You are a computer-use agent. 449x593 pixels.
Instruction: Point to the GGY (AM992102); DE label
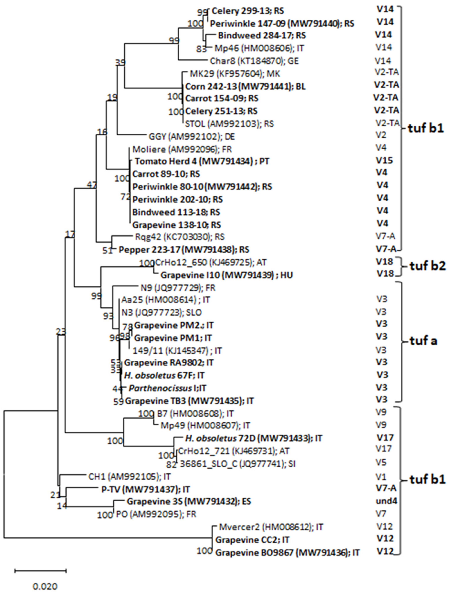tap(192, 137)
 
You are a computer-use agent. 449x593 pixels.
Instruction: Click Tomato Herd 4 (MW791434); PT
tap(202, 161)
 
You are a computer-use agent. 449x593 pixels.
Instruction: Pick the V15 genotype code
tap(384, 160)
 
